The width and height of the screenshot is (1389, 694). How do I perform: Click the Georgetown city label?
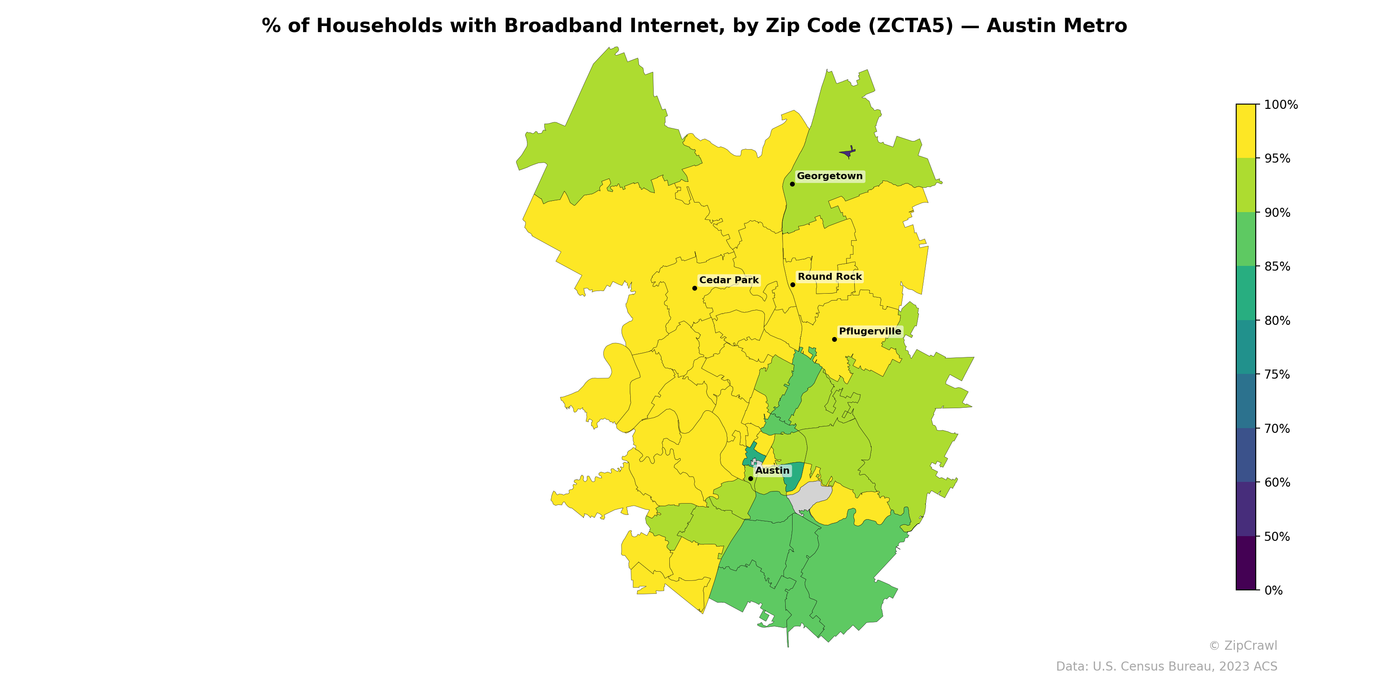click(829, 176)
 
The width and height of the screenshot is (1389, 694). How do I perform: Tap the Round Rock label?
click(829, 277)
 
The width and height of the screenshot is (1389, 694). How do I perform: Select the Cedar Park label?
click(728, 280)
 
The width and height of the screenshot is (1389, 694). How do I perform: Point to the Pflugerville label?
click(870, 331)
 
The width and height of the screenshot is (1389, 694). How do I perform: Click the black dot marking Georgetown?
click(792, 184)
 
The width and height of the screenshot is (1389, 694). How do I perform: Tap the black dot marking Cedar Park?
click(694, 288)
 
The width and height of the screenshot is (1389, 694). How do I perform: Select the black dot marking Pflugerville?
click(834, 340)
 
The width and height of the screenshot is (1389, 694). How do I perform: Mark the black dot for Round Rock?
click(793, 285)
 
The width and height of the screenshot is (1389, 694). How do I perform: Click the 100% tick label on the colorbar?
click(1280, 105)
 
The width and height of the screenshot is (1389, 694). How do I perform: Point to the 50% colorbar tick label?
click(1277, 537)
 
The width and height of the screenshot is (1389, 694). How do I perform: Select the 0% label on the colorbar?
click(1273, 590)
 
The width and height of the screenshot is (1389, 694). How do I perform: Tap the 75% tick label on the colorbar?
click(1277, 374)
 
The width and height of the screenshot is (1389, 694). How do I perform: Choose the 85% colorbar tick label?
click(1277, 267)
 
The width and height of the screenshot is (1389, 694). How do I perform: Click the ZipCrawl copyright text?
click(1242, 645)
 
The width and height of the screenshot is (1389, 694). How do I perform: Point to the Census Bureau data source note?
click(1166, 667)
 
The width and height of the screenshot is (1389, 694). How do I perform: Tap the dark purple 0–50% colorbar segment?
click(1246, 563)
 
